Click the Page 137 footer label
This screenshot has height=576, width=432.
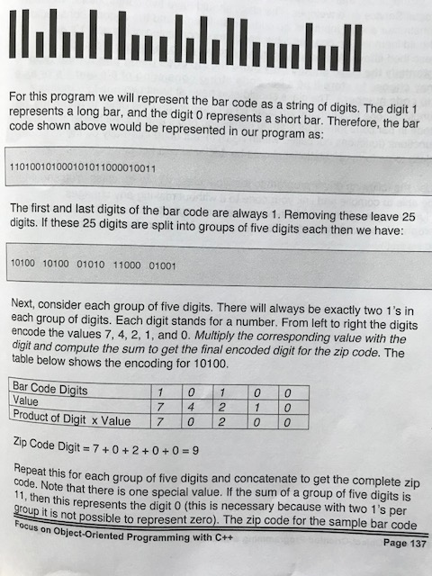395,543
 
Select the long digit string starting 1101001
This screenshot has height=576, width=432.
82,167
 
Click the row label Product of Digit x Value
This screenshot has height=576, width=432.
71,420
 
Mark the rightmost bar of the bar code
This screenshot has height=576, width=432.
357,47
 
